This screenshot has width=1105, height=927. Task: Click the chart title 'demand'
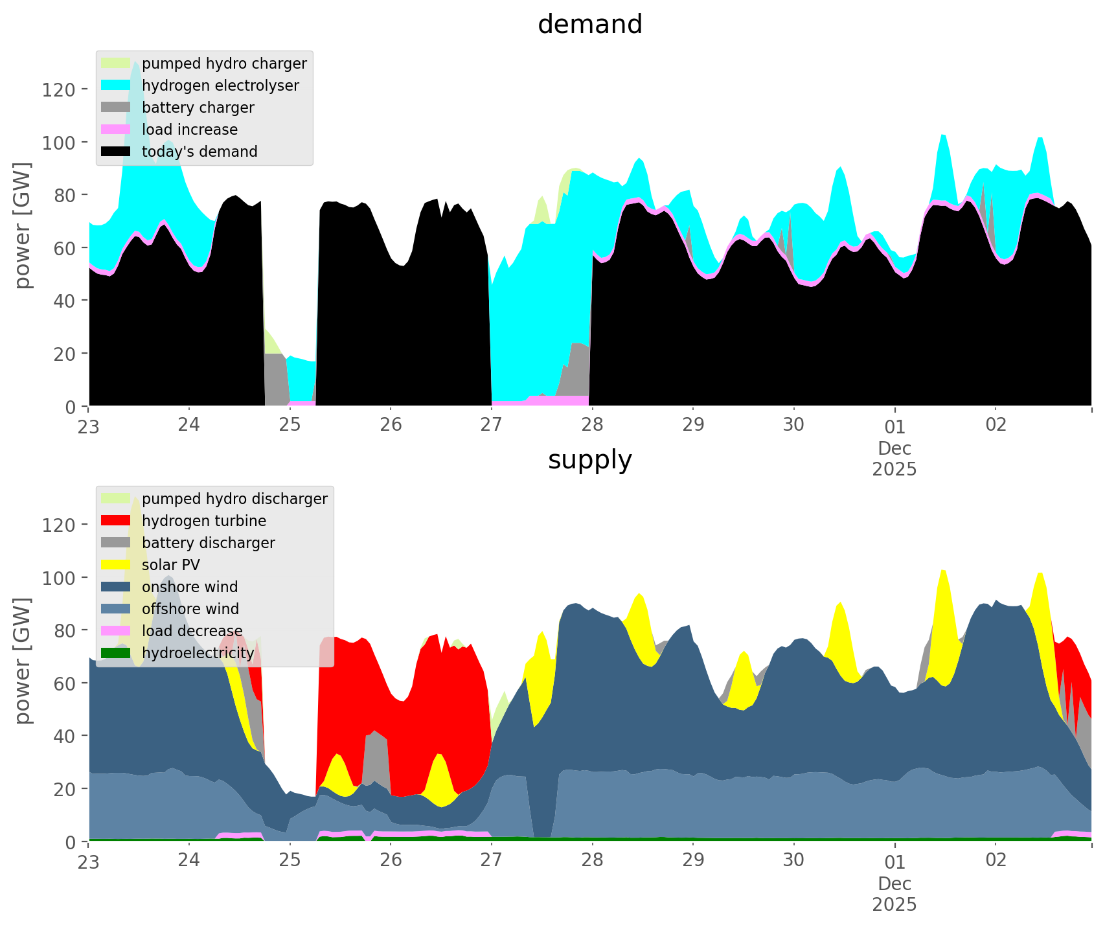589,25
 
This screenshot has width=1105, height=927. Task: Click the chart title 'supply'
589,460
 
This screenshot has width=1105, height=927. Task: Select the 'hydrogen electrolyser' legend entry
220,86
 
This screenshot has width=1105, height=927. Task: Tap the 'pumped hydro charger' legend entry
224,63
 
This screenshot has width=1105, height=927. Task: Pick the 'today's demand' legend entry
199,152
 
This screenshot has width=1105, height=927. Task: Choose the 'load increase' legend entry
190,130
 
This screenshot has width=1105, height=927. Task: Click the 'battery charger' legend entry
198,108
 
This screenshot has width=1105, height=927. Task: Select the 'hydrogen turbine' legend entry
204,521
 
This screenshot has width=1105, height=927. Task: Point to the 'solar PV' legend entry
171,565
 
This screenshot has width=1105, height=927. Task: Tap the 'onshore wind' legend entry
190,587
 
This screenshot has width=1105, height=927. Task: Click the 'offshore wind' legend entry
190,609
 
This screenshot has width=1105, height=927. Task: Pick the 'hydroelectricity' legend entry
198,653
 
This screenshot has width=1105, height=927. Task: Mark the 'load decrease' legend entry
192,631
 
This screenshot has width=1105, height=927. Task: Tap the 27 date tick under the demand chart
492,425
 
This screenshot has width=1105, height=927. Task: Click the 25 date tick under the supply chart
290,860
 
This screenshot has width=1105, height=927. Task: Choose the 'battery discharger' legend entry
208,543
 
